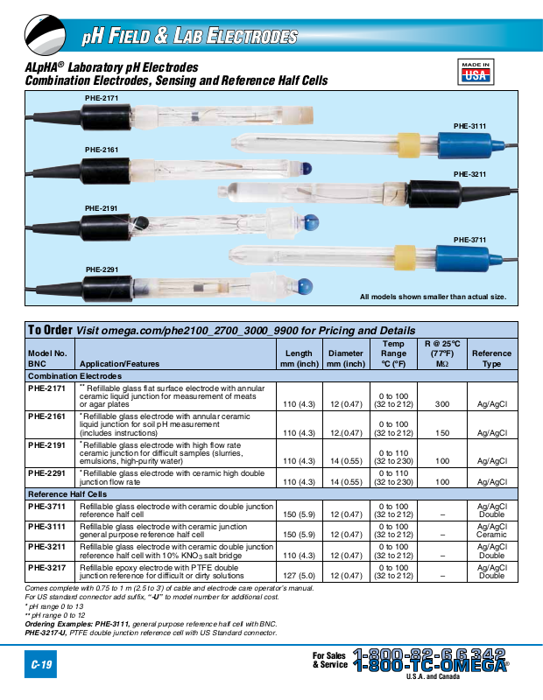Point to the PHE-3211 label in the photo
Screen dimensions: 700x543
click(469, 174)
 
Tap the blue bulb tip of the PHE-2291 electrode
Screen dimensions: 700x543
click(305, 284)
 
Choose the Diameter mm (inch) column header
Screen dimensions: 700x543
click(345, 358)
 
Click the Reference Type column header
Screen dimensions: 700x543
click(491, 358)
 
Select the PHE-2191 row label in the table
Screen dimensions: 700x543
click(46, 444)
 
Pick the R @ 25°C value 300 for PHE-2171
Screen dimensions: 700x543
click(442, 404)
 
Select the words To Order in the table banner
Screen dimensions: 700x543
click(50, 330)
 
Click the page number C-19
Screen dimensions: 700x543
click(41, 666)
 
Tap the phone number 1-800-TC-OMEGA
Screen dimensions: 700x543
click(430, 665)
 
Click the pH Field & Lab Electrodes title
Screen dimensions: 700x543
click(189, 37)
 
